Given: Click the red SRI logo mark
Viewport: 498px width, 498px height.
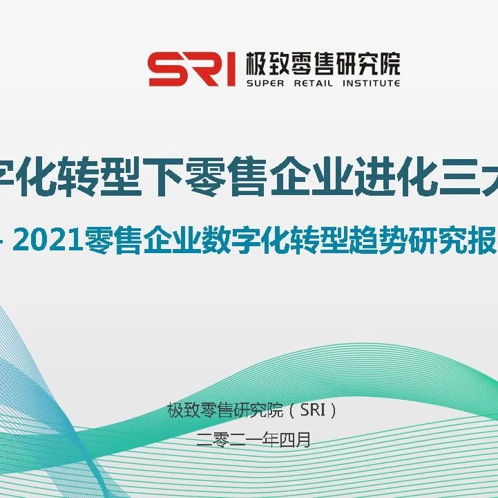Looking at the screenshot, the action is point(191,69).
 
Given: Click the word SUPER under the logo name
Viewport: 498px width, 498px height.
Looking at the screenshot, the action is point(261,83).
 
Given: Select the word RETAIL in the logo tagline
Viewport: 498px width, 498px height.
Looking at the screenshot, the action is point(314,83).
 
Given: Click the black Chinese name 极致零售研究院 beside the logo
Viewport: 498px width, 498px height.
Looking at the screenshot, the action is point(323,63).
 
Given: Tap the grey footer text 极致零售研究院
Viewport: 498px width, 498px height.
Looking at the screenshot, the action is point(225,410).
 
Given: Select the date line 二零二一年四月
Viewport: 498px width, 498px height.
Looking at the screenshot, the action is point(253,440).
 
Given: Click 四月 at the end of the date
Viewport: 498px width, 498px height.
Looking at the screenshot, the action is point(294,440).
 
